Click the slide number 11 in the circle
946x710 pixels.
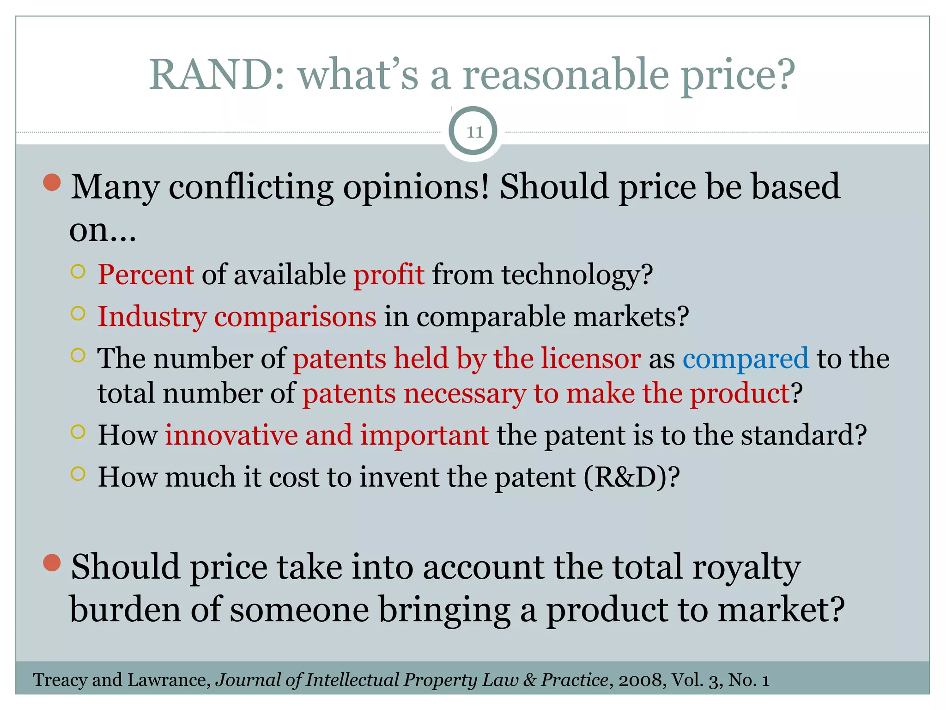(x=474, y=132)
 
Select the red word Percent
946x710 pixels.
(x=146, y=275)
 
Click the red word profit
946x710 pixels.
(x=388, y=275)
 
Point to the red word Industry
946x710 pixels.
(x=152, y=317)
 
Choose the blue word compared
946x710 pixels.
(x=746, y=359)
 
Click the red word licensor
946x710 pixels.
(x=591, y=359)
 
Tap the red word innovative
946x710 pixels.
(x=231, y=435)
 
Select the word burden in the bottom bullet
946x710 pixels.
(x=125, y=610)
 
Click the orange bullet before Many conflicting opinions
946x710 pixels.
(x=52, y=182)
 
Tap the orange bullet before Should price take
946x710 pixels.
(x=52, y=563)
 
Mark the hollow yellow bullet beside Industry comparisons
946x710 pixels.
(x=79, y=314)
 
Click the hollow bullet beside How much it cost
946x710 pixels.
(x=79, y=474)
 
